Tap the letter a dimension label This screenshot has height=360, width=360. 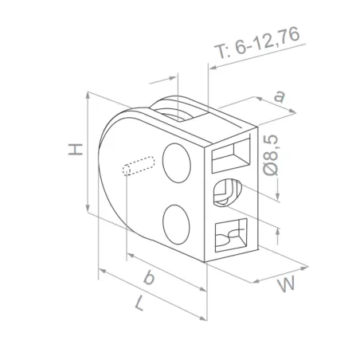tap(280, 96)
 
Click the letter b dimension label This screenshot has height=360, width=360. tap(149, 278)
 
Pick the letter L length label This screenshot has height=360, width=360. tap(140, 305)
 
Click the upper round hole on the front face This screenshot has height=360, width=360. tap(176, 161)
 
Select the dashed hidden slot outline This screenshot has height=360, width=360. tap(139, 166)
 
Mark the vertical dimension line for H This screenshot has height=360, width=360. tap(86, 151)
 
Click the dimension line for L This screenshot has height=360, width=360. tap(151, 296)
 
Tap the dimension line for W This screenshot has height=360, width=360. tap(279, 272)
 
